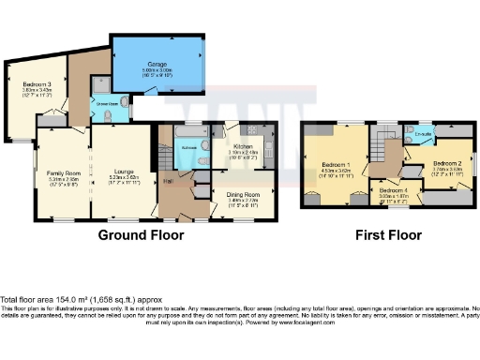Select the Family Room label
[64, 173]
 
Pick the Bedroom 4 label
[391, 191]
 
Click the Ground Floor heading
[141, 236]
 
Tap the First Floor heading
[383, 236]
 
